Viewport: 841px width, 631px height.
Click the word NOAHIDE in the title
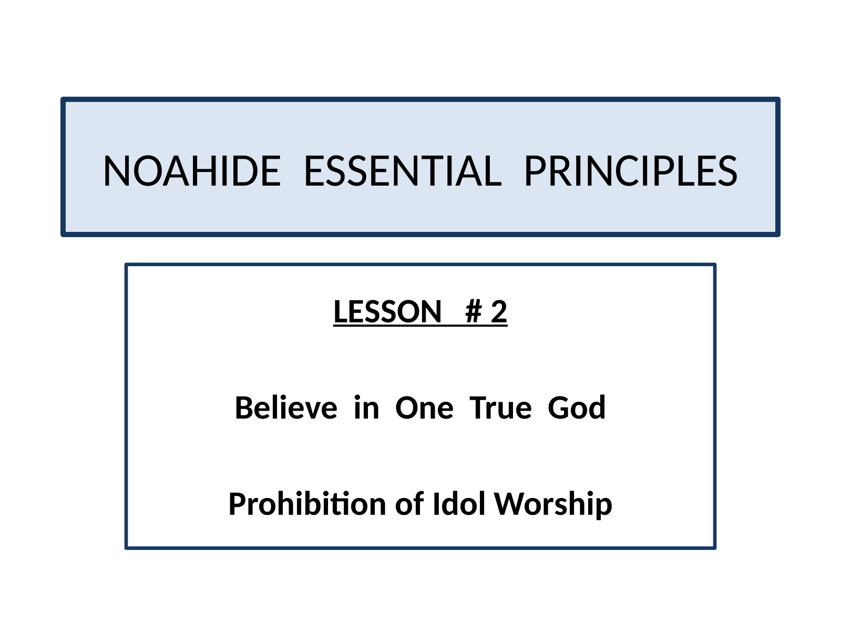pos(192,171)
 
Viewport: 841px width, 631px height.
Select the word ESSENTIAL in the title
pos(403,171)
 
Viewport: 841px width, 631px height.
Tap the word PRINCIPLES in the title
pos(631,171)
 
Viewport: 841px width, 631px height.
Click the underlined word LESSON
pos(387,311)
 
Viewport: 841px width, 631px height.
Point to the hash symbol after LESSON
pos(474,311)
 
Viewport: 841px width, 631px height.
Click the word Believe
pos(286,408)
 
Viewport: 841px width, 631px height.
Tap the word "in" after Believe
pos(366,408)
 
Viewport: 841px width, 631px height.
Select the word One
pos(424,408)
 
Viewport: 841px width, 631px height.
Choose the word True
pos(500,408)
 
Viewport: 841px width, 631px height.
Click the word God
pos(577,408)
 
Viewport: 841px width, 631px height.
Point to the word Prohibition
pos(307,504)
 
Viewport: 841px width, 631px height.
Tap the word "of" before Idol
pos(409,504)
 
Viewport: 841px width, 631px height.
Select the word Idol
pos(459,504)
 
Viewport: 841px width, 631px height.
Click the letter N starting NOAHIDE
pos(117,171)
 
